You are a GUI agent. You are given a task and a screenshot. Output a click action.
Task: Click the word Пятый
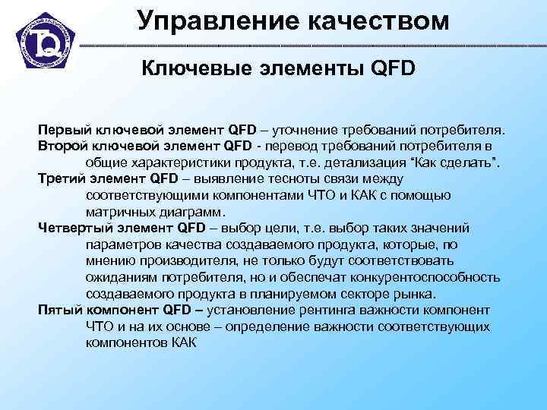[59, 310]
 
